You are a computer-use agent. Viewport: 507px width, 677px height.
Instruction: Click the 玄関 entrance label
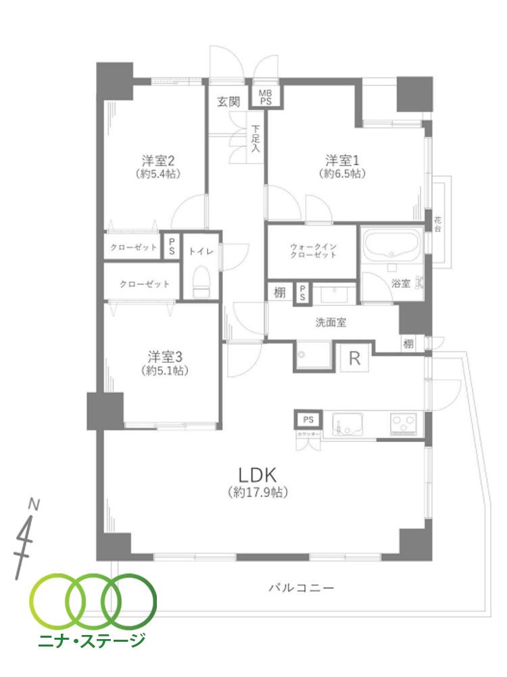(228, 102)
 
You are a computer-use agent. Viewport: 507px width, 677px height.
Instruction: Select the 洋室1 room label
(342, 161)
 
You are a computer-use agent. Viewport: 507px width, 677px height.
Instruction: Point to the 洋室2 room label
(160, 161)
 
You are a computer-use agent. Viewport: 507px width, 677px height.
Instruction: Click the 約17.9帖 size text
(258, 493)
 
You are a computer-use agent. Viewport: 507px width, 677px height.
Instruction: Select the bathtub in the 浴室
(391, 246)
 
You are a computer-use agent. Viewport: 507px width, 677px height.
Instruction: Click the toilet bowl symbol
(201, 282)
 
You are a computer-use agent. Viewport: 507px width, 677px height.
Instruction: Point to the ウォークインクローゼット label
(312, 250)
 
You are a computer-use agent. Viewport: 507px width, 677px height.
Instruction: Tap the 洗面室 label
(331, 323)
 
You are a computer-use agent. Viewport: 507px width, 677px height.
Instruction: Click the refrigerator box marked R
(354, 359)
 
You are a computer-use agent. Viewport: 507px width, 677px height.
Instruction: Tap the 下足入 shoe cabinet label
(256, 139)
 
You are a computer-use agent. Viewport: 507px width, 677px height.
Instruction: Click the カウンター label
(308, 433)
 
